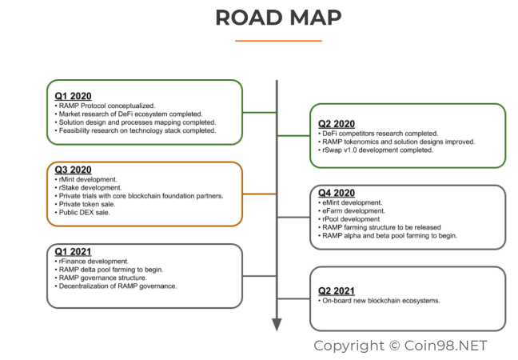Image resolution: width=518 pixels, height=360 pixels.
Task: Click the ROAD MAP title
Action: pos(278,18)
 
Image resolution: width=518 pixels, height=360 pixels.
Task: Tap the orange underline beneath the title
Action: pos(278,40)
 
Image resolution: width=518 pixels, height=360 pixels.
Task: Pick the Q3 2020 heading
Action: pos(74,170)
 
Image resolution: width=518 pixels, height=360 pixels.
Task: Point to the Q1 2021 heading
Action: pos(74,252)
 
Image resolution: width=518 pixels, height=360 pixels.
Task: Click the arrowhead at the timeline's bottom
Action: pos(277,323)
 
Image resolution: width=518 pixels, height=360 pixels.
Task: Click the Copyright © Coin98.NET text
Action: pos(400,346)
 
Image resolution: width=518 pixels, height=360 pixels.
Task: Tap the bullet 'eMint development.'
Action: pos(352,203)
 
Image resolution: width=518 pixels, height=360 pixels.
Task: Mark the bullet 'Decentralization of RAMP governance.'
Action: pos(117,286)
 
